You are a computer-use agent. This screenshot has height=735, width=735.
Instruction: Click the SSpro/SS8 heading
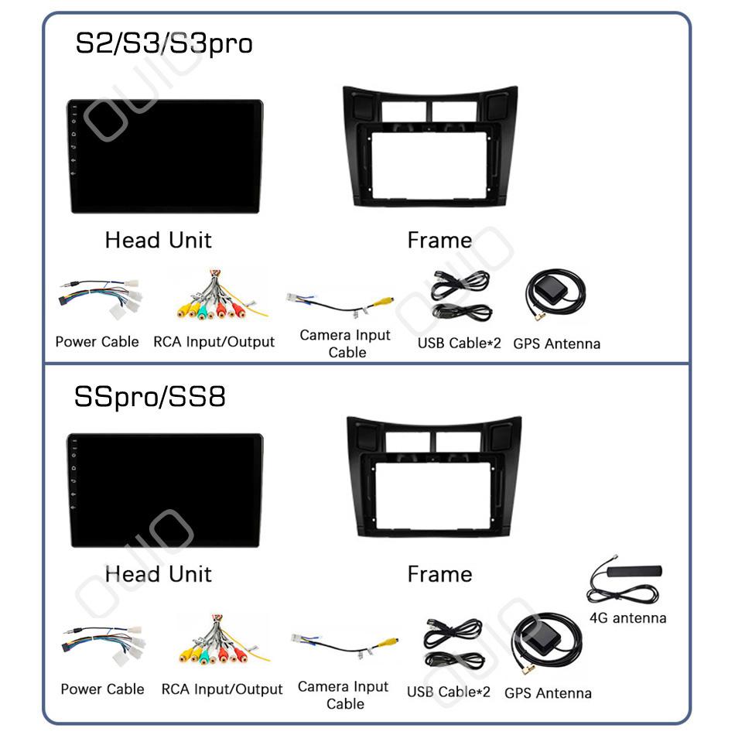coord(150,397)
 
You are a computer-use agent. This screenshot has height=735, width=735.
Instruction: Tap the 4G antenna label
coord(627,618)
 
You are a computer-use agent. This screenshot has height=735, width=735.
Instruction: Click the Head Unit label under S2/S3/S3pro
coord(159,240)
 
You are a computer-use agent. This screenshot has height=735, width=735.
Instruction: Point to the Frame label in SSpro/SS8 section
coord(439,574)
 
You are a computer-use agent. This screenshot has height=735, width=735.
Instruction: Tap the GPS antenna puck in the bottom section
coord(542,631)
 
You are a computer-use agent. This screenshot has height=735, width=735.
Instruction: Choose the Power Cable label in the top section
coord(97,342)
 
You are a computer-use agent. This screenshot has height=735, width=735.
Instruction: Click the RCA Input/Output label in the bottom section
coord(222,689)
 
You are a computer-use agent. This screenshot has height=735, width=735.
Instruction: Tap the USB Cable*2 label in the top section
coord(459,343)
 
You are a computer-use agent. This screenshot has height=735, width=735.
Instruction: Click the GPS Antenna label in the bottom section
coord(548,692)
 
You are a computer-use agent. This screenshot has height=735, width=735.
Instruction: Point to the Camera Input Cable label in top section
coord(346,344)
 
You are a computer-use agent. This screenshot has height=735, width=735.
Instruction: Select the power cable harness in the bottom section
coord(103,644)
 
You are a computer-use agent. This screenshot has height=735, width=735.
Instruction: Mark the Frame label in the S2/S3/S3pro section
coord(439,241)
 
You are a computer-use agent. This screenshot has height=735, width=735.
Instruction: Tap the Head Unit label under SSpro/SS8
coord(159,574)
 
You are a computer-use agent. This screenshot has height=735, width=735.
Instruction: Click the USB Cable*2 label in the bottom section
coord(449,692)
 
